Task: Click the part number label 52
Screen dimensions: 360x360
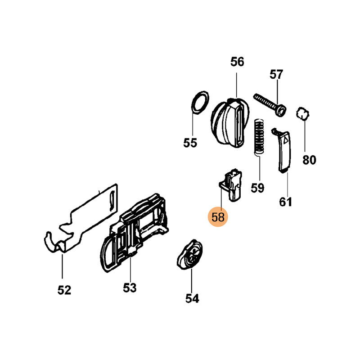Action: tap(64, 290)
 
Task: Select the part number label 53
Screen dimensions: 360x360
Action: tap(130, 287)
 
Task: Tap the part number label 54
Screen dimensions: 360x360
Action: tap(192, 297)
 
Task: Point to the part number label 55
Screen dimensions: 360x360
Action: tap(190, 143)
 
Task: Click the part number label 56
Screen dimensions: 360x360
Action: tap(237, 62)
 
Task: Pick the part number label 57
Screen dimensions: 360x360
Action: tap(276, 74)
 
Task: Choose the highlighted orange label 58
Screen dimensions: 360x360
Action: tap(218, 217)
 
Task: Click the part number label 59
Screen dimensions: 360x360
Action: tap(257, 188)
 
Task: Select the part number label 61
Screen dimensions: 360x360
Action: tap(286, 202)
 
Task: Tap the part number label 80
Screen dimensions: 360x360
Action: tap(309, 160)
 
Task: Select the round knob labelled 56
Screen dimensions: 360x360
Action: tap(230, 122)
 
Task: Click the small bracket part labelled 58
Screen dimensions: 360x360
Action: tap(231, 184)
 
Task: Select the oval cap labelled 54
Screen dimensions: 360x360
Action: tap(189, 255)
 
